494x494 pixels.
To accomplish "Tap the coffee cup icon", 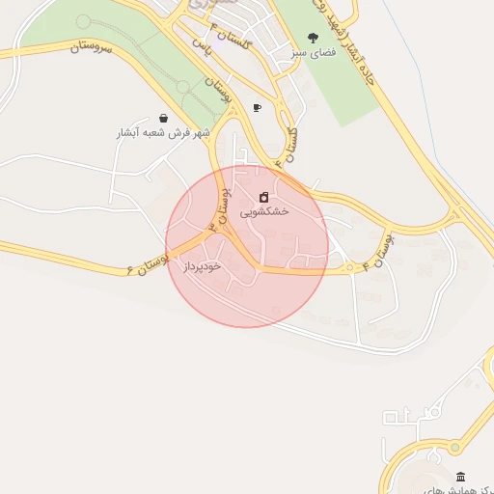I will [257, 107].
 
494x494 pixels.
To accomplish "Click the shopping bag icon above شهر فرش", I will [163, 118].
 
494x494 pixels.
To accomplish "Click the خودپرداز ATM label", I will [203, 264].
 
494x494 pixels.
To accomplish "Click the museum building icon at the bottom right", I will [460, 477].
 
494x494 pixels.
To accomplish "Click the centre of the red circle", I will [247, 246].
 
